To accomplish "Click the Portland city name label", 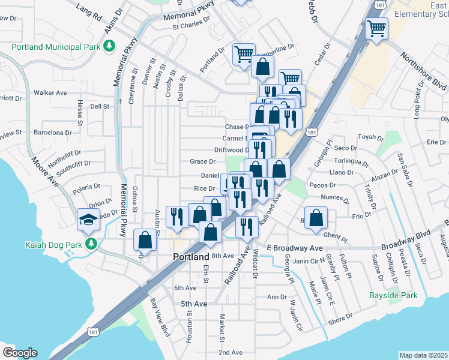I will tap(190, 256).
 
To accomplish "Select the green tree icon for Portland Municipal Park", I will tap(109, 46).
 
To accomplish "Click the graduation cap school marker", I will tap(88, 220).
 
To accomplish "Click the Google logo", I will tap(20, 353).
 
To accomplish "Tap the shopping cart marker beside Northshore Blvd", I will tap(376, 28).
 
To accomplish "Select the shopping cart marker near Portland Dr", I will tap(244, 54).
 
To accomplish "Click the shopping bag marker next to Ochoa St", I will tap(145, 240).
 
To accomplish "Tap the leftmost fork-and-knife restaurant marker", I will tap(176, 217).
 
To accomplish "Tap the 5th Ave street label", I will tap(194, 304).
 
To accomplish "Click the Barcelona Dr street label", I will tap(52, 133).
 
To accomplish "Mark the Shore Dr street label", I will tap(340, 320).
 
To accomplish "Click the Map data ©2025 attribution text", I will tap(423, 355).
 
